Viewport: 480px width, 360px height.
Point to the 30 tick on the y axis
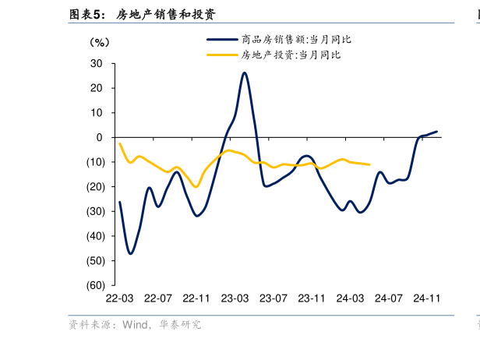coord(97,63)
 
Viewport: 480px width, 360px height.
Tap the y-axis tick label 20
coord(97,88)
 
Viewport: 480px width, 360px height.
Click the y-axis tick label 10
coord(97,113)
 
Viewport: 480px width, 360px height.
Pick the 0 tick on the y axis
coord(100,137)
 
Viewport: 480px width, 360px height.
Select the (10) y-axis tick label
coord(95,162)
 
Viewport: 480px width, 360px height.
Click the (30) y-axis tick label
coord(95,211)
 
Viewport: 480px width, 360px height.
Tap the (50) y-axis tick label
coord(95,260)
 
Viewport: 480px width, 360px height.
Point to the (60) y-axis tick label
coord(95,285)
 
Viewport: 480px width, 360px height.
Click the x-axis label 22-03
coord(119,298)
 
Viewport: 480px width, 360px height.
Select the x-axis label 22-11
coord(196,298)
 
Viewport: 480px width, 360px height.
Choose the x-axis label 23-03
coord(235,298)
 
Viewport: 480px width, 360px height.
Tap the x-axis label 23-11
coord(312,298)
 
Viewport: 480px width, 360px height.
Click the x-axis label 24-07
coord(389,298)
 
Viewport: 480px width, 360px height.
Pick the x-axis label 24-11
coord(427,298)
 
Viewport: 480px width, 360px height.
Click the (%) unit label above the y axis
coord(100,41)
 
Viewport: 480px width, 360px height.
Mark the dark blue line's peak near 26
coord(244,72)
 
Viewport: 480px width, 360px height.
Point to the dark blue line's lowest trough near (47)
coord(130,253)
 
